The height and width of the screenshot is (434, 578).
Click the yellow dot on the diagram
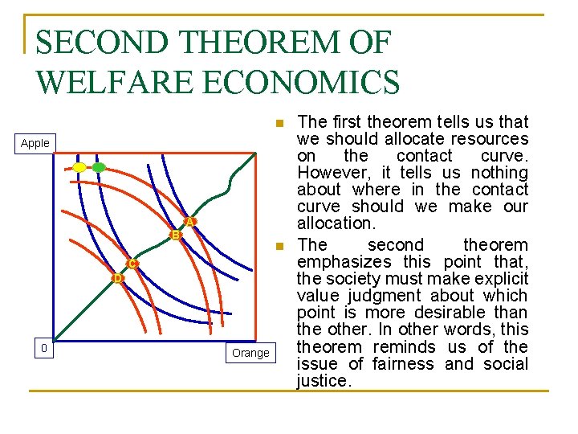point(79,167)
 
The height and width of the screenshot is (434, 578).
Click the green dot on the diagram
point(98,167)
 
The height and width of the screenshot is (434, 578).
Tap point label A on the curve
point(190,221)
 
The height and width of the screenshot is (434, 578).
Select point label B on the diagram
point(175,235)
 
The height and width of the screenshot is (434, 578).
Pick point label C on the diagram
point(132,264)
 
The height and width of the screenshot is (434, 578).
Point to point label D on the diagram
point(117,278)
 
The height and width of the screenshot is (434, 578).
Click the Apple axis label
point(35,143)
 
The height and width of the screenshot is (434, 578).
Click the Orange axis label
point(250,353)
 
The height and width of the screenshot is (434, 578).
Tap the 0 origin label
point(44,348)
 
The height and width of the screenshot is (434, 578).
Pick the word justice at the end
point(323,381)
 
